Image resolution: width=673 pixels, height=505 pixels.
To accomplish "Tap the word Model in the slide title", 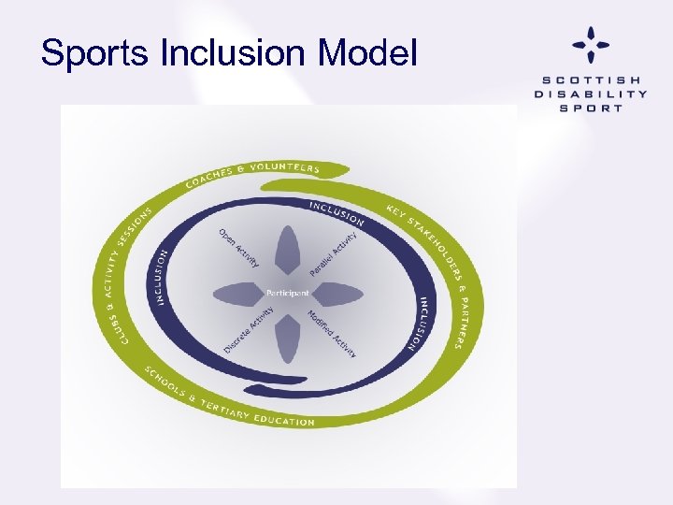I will (x=366, y=53).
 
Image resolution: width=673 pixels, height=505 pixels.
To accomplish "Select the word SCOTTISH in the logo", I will (x=590, y=79).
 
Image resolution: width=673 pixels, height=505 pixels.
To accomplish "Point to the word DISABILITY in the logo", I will (x=590, y=94).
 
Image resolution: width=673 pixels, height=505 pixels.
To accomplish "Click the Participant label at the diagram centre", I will (x=287, y=293).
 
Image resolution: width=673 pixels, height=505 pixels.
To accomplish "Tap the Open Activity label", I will (x=238, y=248).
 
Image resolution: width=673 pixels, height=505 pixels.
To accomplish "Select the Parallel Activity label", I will (x=334, y=253).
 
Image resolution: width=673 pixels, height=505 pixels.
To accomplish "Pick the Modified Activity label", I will (x=332, y=334).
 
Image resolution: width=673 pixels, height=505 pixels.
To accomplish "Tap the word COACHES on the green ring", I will (x=208, y=178).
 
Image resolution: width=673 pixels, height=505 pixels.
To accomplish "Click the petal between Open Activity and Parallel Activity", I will (x=288, y=250).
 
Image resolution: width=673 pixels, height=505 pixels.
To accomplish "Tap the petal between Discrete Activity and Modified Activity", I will (x=288, y=338).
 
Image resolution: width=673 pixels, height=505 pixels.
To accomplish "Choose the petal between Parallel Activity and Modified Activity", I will (x=337, y=294).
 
